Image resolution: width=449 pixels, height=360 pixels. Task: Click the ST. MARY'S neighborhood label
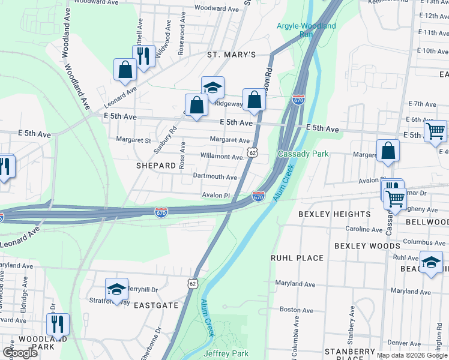pyautogui.click(x=232, y=55)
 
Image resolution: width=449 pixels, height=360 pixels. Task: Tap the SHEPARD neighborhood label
pyautogui.click(x=155, y=166)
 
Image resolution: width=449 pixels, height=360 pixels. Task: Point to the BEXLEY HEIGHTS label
pyautogui.click(x=335, y=214)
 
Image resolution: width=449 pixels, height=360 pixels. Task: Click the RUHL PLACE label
pyautogui.click(x=297, y=258)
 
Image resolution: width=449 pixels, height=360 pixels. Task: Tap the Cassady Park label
pyautogui.click(x=303, y=154)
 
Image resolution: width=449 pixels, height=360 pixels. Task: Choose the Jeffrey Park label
pyautogui.click(x=226, y=353)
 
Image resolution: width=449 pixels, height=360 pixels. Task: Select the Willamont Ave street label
pyautogui.click(x=221, y=157)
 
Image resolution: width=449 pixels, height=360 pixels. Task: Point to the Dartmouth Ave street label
pyautogui.click(x=215, y=177)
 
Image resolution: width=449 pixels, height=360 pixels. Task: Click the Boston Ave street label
pyautogui.click(x=297, y=310)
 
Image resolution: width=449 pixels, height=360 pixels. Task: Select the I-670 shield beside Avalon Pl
pyautogui.click(x=258, y=196)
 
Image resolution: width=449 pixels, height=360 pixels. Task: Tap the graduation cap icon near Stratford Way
pyautogui.click(x=116, y=289)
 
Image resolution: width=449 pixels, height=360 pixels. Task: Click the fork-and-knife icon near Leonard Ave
pyautogui.click(x=143, y=56)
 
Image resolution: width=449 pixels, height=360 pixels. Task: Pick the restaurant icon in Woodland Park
pyautogui.click(x=58, y=324)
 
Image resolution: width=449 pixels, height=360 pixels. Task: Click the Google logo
pyautogui.click(x=20, y=353)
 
